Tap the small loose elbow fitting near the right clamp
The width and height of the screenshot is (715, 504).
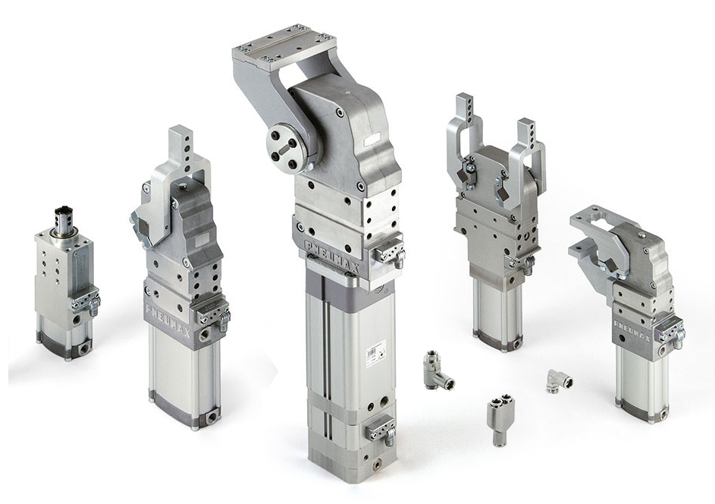(x=559, y=381)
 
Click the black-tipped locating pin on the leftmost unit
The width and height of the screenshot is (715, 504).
(x=62, y=217)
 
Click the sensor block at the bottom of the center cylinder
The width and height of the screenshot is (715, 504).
(x=380, y=431)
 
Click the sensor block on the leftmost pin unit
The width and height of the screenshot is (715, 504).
(x=85, y=301)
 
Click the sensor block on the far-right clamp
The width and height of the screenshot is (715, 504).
(x=671, y=332)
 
